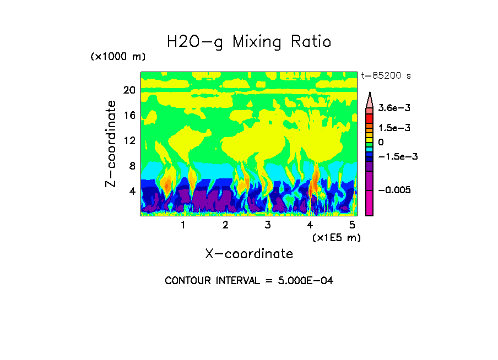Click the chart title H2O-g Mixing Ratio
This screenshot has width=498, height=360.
(x=249, y=42)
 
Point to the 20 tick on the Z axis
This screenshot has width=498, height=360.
(x=129, y=90)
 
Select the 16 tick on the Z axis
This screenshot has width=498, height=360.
(x=129, y=116)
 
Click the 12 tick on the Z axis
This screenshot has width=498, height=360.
(x=129, y=140)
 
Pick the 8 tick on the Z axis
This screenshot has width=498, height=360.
(x=132, y=166)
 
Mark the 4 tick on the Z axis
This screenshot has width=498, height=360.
(x=132, y=191)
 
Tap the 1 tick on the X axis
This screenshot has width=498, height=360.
(x=183, y=225)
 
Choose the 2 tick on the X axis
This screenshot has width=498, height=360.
(x=225, y=225)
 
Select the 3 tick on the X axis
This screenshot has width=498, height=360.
(x=268, y=225)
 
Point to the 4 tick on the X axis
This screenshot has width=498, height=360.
(x=310, y=225)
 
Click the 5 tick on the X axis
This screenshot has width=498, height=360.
(x=352, y=225)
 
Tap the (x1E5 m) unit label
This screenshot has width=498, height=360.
(x=336, y=237)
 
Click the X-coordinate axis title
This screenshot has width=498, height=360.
(x=249, y=254)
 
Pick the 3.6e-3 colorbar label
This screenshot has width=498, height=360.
(x=392, y=108)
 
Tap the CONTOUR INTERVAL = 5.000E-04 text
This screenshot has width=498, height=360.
(x=249, y=281)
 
